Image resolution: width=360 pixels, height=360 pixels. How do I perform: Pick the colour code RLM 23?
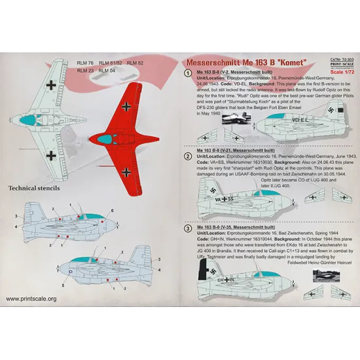click(85, 69)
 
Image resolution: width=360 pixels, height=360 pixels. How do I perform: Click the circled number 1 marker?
click(187, 75)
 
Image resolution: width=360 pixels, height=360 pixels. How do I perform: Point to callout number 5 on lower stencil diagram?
click(62, 287)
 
